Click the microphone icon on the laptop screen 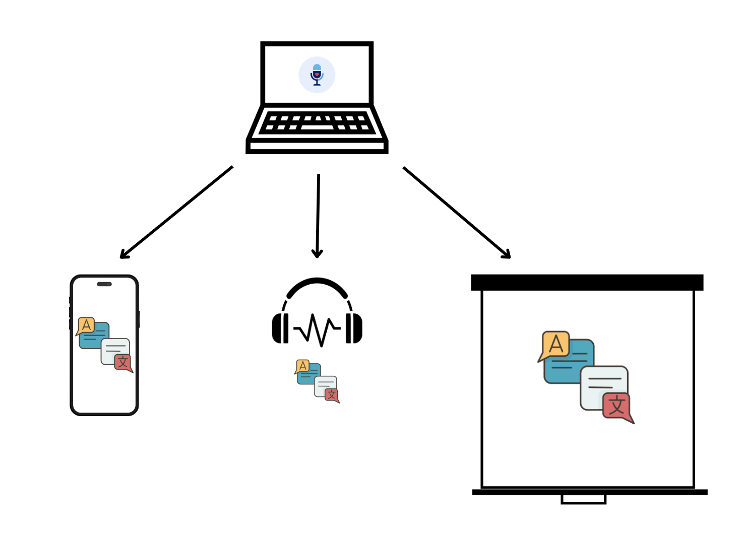pos(317,75)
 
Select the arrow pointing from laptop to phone pos(176,212)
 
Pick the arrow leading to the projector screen pos(456,212)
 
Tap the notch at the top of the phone pos(104,284)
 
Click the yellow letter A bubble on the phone pos(86,325)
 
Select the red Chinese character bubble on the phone pos(122,362)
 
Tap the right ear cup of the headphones pos(354,328)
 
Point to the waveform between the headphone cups pos(317,330)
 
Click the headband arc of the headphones pos(317,285)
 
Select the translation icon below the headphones pos(317,381)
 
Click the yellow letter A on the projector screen pos(555,345)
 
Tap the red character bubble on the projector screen pos(616,406)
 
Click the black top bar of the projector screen pos(587,283)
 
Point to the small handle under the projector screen pos(583,499)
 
